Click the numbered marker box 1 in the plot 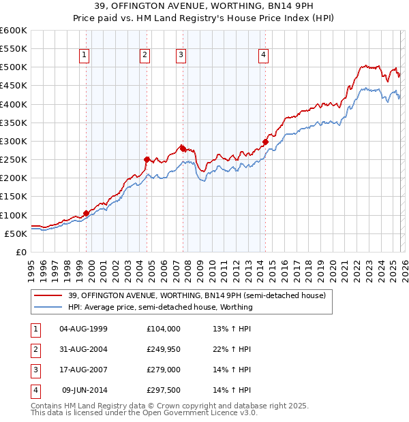84,56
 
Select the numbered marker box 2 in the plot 145,56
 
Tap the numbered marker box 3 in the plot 181,56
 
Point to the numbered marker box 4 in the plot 263,56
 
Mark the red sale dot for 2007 183,148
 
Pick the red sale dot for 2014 265,142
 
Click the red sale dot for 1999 86,213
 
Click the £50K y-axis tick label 16,233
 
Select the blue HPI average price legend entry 160,307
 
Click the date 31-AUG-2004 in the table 83,350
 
